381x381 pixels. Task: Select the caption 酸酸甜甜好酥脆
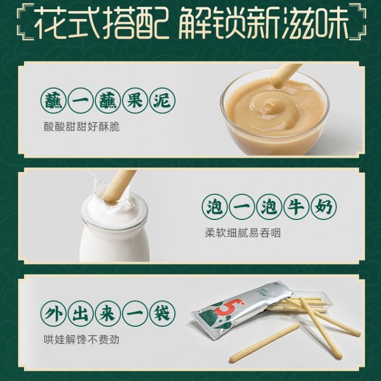click(82, 127)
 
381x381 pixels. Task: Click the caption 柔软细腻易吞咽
click(243, 233)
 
